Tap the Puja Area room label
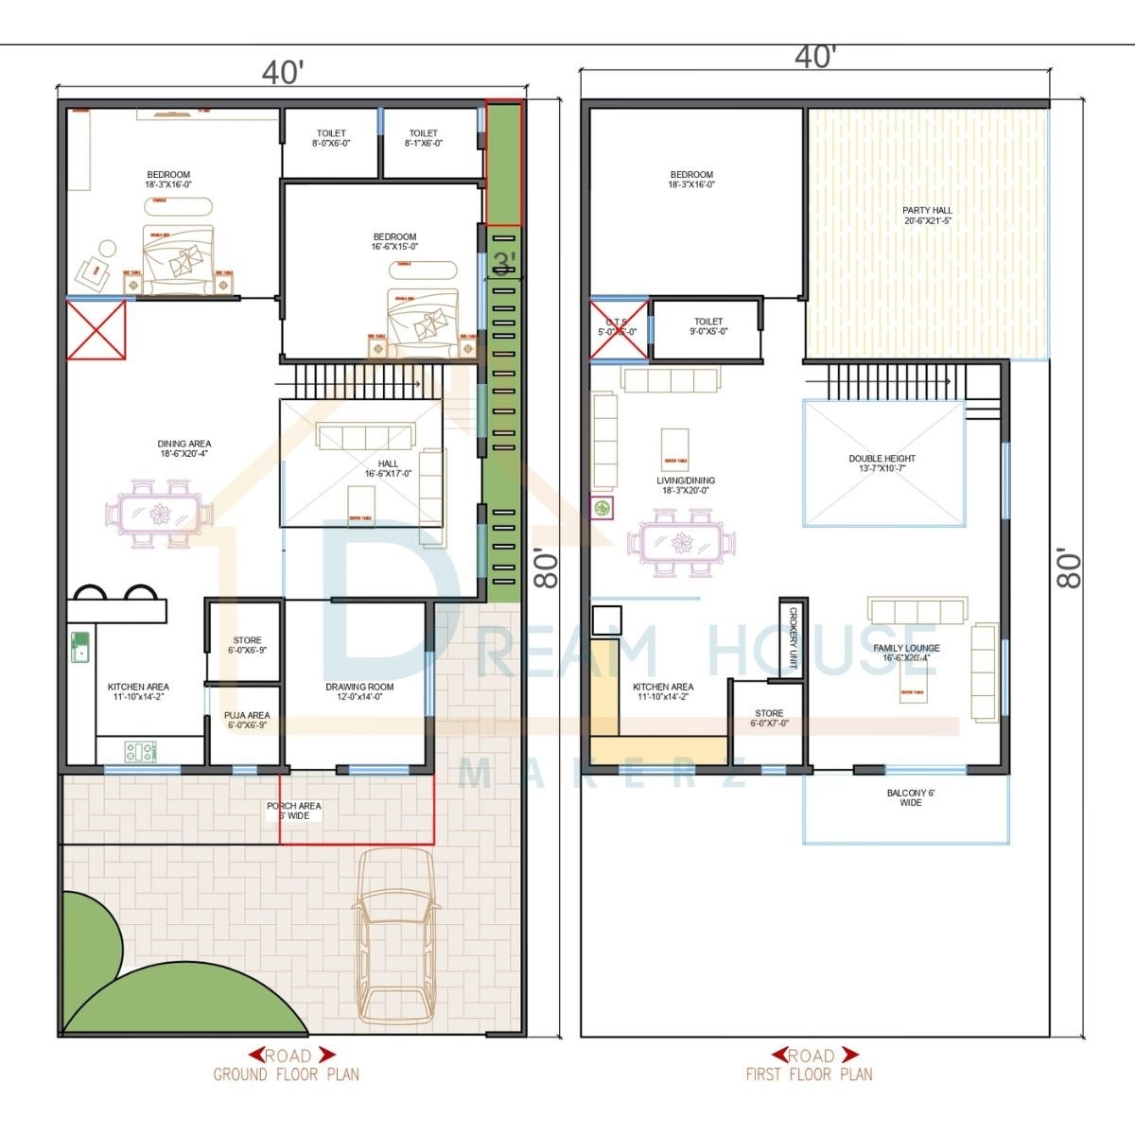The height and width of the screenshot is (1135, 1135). point(247,721)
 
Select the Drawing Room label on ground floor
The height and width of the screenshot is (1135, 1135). point(359,691)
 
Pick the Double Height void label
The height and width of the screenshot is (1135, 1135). point(882,463)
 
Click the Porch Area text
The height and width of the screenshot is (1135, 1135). point(294,811)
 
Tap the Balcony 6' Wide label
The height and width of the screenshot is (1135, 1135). point(910,797)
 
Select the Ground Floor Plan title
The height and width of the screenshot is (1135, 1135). point(286,1074)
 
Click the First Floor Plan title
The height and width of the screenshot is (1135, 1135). point(809,1074)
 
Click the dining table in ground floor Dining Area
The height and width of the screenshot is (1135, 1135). point(159,515)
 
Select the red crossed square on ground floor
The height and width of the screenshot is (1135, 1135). point(96,330)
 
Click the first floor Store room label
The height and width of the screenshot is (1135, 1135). point(769,718)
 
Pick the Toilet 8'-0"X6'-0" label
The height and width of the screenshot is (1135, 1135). point(331,138)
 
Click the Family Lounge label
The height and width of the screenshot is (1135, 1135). point(906,654)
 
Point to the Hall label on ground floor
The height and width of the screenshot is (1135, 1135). point(388,468)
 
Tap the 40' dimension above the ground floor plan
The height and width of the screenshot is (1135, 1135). point(283,73)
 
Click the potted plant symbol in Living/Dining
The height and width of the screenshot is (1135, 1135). point(602,509)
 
